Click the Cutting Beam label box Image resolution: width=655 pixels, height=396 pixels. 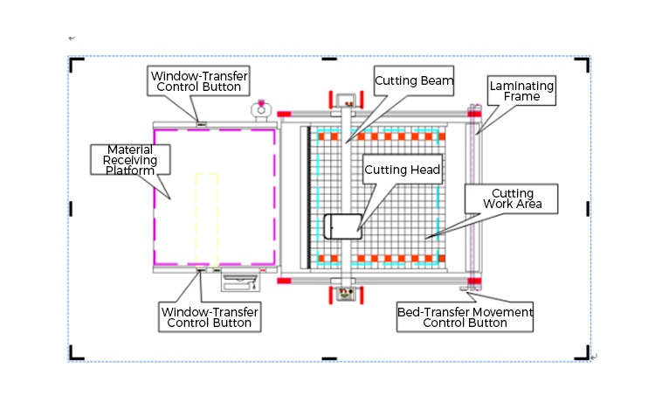click(x=414, y=80)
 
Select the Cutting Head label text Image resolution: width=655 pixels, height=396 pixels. click(x=402, y=170)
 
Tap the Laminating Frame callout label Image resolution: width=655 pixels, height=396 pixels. click(x=521, y=90)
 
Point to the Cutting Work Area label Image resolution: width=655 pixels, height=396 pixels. click(x=513, y=198)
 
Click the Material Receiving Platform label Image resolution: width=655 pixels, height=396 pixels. click(x=130, y=160)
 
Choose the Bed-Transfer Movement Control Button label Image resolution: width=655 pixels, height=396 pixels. click(x=465, y=317)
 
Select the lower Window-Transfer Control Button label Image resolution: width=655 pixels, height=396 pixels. click(x=209, y=316)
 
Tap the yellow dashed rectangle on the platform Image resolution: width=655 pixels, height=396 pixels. click(x=206, y=219)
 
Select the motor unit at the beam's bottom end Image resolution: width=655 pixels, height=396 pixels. click(x=345, y=293)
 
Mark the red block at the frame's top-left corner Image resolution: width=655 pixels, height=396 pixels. click(x=284, y=115)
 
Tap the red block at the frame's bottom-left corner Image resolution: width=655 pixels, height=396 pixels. click(x=284, y=281)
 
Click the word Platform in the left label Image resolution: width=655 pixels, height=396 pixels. click(x=130, y=170)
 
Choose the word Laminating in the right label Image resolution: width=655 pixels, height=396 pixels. click(x=521, y=86)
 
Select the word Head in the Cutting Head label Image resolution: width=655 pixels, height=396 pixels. click(x=424, y=170)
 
